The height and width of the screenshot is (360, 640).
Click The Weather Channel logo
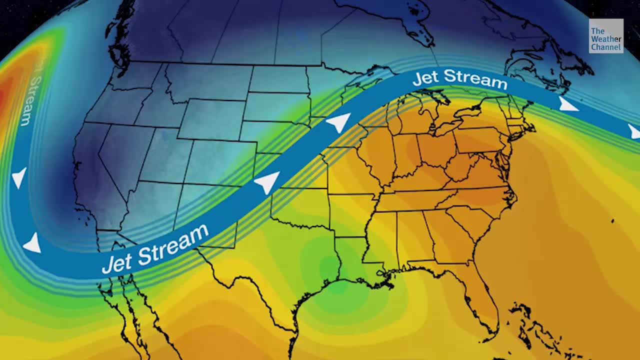point(606,36)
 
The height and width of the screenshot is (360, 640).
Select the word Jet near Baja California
point(117,260)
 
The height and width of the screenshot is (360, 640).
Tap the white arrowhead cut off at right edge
point(634,132)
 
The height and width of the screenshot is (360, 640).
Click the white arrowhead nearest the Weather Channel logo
point(567,105)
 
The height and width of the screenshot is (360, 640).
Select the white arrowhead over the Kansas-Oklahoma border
point(267,182)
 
